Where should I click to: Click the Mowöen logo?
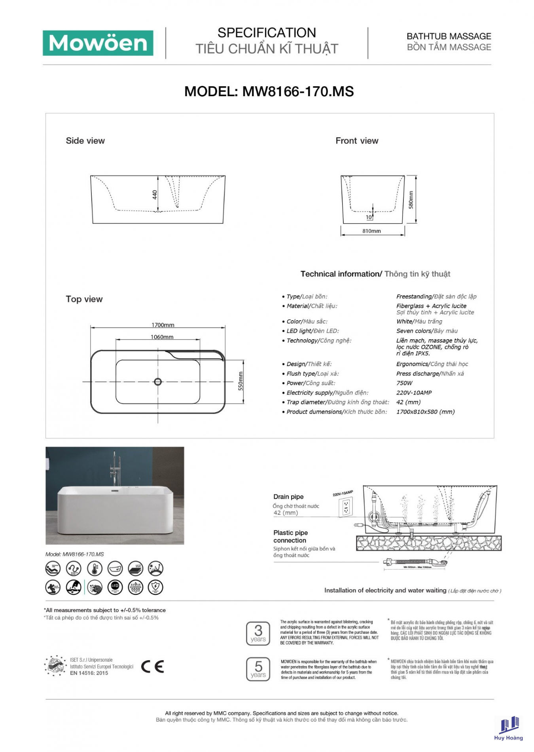pos(98,43)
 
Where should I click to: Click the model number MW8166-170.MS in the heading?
pos(297,92)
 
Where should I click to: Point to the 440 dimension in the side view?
pos(155,195)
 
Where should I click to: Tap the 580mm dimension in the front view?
pos(411,200)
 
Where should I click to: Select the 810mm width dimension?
pos(371,231)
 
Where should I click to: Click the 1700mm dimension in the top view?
pos(163,325)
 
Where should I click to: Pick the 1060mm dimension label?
pos(162,337)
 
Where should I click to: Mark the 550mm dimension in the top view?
pos(240,381)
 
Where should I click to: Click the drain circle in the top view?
pos(158,382)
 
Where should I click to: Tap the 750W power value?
pos(404,383)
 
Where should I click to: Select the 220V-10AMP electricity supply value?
pos(414,393)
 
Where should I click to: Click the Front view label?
pos(357,141)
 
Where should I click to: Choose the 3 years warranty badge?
pos(258,633)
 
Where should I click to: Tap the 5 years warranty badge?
pos(258,669)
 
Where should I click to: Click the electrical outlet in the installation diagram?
pos(346,507)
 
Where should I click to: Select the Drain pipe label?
pos(288,497)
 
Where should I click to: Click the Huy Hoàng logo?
pos(509,728)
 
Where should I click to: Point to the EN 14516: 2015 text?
pos(89,673)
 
